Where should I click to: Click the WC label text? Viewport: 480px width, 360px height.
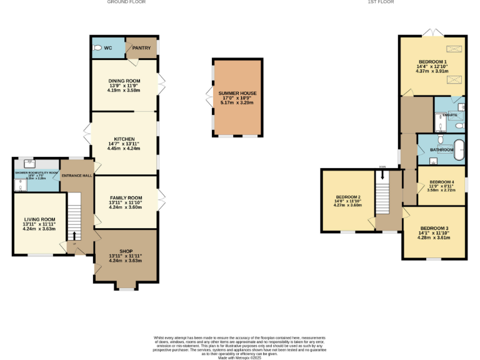pos(108,47)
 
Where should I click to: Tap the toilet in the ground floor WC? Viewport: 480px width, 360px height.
pos(97,47)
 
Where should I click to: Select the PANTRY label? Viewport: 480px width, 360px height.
pos(141,47)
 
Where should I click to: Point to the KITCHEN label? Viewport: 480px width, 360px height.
pos(123,139)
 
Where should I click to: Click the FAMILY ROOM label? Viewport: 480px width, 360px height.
pos(125,197)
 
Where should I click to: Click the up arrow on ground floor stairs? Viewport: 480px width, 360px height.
pos(74,235)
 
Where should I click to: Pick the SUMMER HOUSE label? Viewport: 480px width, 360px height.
pos(237,93)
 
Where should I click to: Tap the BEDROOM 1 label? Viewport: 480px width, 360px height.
pos(432,61)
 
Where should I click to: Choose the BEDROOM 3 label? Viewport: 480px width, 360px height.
pos(434,228)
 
